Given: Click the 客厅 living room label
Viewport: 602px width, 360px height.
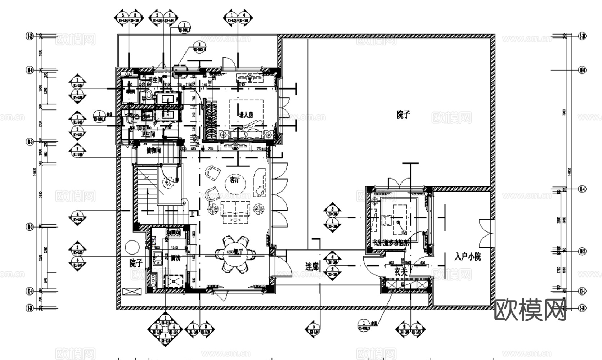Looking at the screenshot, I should (235, 179).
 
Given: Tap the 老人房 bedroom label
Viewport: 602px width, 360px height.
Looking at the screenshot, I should (246, 114).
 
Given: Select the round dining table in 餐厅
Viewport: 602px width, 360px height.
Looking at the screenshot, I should (234, 253).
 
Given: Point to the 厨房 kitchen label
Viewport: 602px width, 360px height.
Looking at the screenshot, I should (176, 258).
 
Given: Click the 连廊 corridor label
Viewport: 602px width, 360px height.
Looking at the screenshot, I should (312, 266).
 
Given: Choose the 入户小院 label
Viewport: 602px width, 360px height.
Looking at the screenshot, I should (467, 257).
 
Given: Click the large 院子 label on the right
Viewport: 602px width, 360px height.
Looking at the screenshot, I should (403, 115).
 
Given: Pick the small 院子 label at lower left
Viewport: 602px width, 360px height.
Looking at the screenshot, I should (136, 263).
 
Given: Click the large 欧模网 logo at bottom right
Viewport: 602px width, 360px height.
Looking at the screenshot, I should (530, 310).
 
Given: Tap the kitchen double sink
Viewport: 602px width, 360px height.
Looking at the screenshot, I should (157, 258).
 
